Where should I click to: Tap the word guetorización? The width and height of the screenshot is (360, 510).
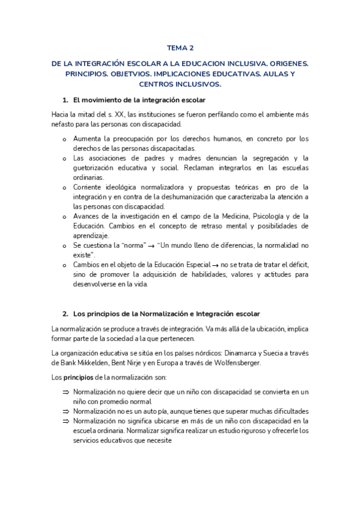click(x=97, y=168)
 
